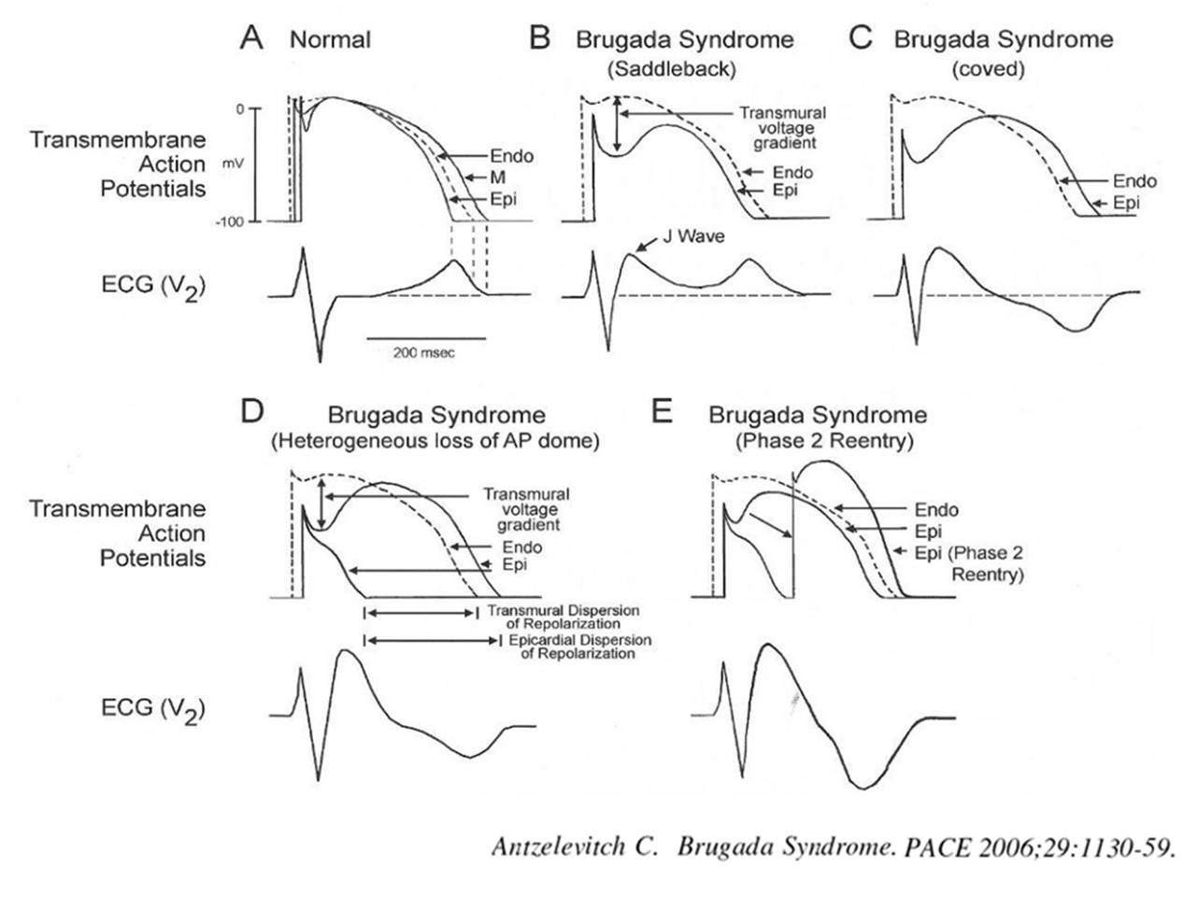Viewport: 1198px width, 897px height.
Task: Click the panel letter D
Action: (x=252, y=412)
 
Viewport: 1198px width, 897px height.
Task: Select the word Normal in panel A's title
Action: (x=330, y=40)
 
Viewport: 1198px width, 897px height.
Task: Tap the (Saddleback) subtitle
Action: (x=671, y=69)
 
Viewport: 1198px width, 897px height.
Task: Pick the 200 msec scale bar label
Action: (x=425, y=353)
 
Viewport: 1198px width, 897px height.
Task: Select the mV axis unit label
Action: (x=233, y=164)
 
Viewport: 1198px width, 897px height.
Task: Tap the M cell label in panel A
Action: (x=499, y=178)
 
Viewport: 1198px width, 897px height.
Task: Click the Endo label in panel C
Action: (x=1134, y=181)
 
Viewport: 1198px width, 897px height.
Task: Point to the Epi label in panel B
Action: (x=784, y=192)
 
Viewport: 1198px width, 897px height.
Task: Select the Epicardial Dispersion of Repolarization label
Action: (x=579, y=647)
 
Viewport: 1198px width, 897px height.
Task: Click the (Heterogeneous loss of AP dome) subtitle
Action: (x=435, y=441)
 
